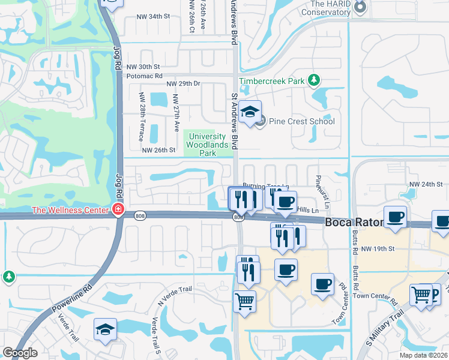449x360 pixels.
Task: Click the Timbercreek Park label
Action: point(273,80)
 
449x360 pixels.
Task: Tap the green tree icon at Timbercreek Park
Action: point(313,80)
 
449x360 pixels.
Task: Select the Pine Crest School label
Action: point(302,121)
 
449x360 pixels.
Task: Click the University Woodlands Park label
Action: point(208,145)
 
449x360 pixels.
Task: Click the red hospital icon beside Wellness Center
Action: point(118,209)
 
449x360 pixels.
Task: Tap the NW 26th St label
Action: point(158,150)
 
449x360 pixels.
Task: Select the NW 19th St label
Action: point(378,248)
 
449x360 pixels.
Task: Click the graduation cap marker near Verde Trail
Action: point(105,329)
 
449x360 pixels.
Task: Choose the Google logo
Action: point(20,353)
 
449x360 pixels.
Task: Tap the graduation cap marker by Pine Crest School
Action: point(249,112)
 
